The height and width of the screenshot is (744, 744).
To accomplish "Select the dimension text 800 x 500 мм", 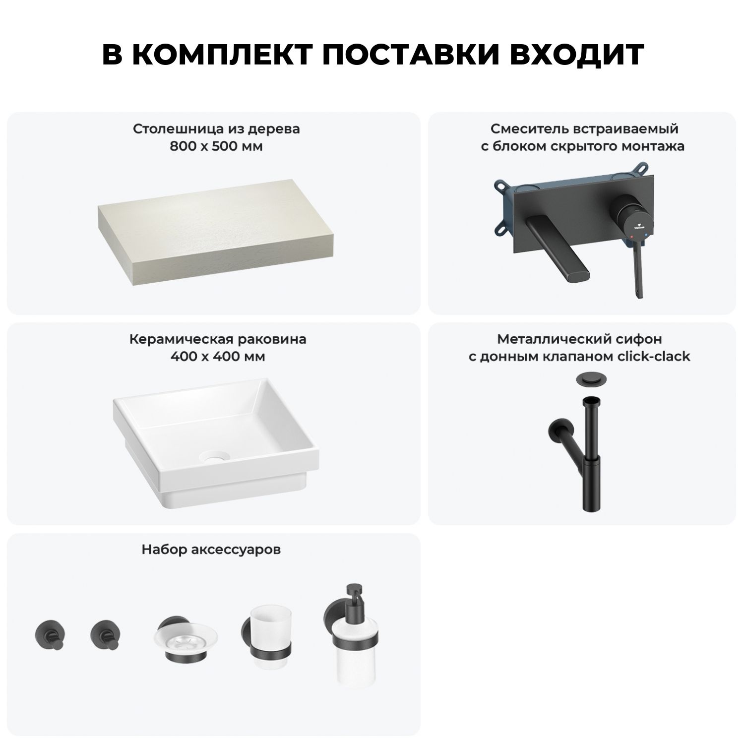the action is point(216,146).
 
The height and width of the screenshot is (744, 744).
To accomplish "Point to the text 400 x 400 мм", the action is point(217,357).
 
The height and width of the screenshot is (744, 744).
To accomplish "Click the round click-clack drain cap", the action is point(589,379).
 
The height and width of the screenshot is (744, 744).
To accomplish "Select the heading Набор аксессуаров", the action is point(211,549).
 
